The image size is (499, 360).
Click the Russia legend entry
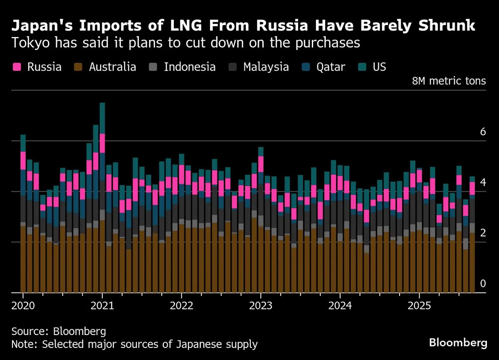pyautogui.click(x=37, y=67)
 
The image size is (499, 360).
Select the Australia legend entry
pyautogui.click(x=105, y=67)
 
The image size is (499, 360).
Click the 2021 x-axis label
pyautogui.click(x=102, y=305)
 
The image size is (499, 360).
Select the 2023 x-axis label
pyautogui.click(x=261, y=305)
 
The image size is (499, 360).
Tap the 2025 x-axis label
pyautogui.click(x=419, y=305)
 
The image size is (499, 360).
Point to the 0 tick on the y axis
pyautogui.click(x=483, y=284)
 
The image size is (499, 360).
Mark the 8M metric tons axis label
pyautogui.click(x=449, y=81)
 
